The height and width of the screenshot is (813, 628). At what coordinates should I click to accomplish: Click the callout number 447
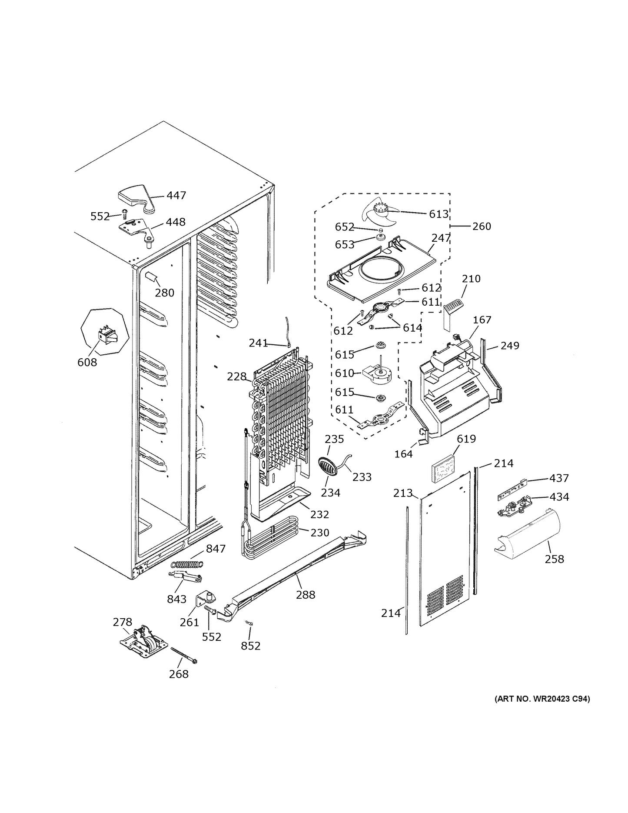tap(176, 196)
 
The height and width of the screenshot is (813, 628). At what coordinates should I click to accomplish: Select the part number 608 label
tap(87, 362)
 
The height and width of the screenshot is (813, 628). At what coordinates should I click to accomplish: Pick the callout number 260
tap(482, 226)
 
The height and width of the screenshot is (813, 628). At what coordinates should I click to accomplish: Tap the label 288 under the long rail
tap(306, 595)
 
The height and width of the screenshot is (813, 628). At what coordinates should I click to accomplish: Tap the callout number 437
tap(559, 478)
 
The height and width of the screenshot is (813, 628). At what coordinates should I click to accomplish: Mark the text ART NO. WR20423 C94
tap(542, 711)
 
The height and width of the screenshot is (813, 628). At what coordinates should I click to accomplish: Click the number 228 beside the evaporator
tap(237, 377)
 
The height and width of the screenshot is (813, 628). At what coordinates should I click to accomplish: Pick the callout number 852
tap(251, 646)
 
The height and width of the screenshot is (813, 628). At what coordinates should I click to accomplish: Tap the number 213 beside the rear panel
tap(403, 493)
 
